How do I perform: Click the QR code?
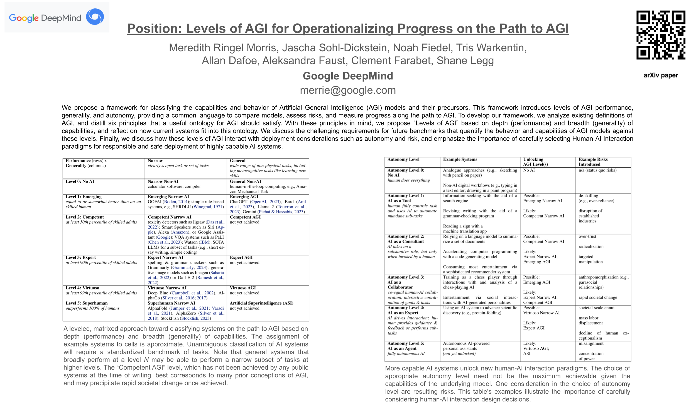661,35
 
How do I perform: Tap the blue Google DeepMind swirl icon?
95,16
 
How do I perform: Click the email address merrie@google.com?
348,90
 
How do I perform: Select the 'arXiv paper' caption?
661,75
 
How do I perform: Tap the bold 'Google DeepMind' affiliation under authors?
348,76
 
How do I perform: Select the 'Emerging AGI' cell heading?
244,197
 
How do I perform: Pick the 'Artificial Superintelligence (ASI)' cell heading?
261,303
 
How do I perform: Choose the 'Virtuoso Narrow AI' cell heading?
167,288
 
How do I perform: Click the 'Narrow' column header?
155,161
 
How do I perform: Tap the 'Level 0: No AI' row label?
80,181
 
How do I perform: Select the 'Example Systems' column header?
460,160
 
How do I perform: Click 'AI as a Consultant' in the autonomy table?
406,242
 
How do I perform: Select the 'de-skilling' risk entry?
588,196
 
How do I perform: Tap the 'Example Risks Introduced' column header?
593,162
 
